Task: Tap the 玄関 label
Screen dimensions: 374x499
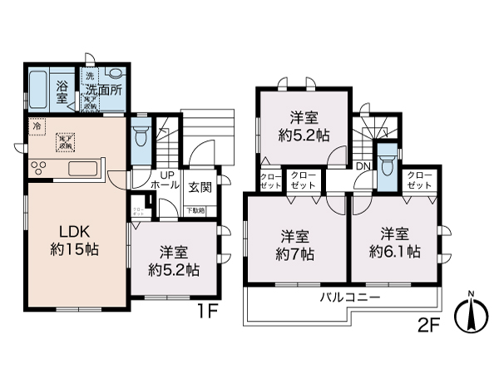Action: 199,187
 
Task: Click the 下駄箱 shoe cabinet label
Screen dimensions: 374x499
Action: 194,211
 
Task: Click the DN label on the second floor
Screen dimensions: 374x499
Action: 363,167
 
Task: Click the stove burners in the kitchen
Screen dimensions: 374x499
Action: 40,169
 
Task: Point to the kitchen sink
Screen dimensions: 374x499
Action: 83,170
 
